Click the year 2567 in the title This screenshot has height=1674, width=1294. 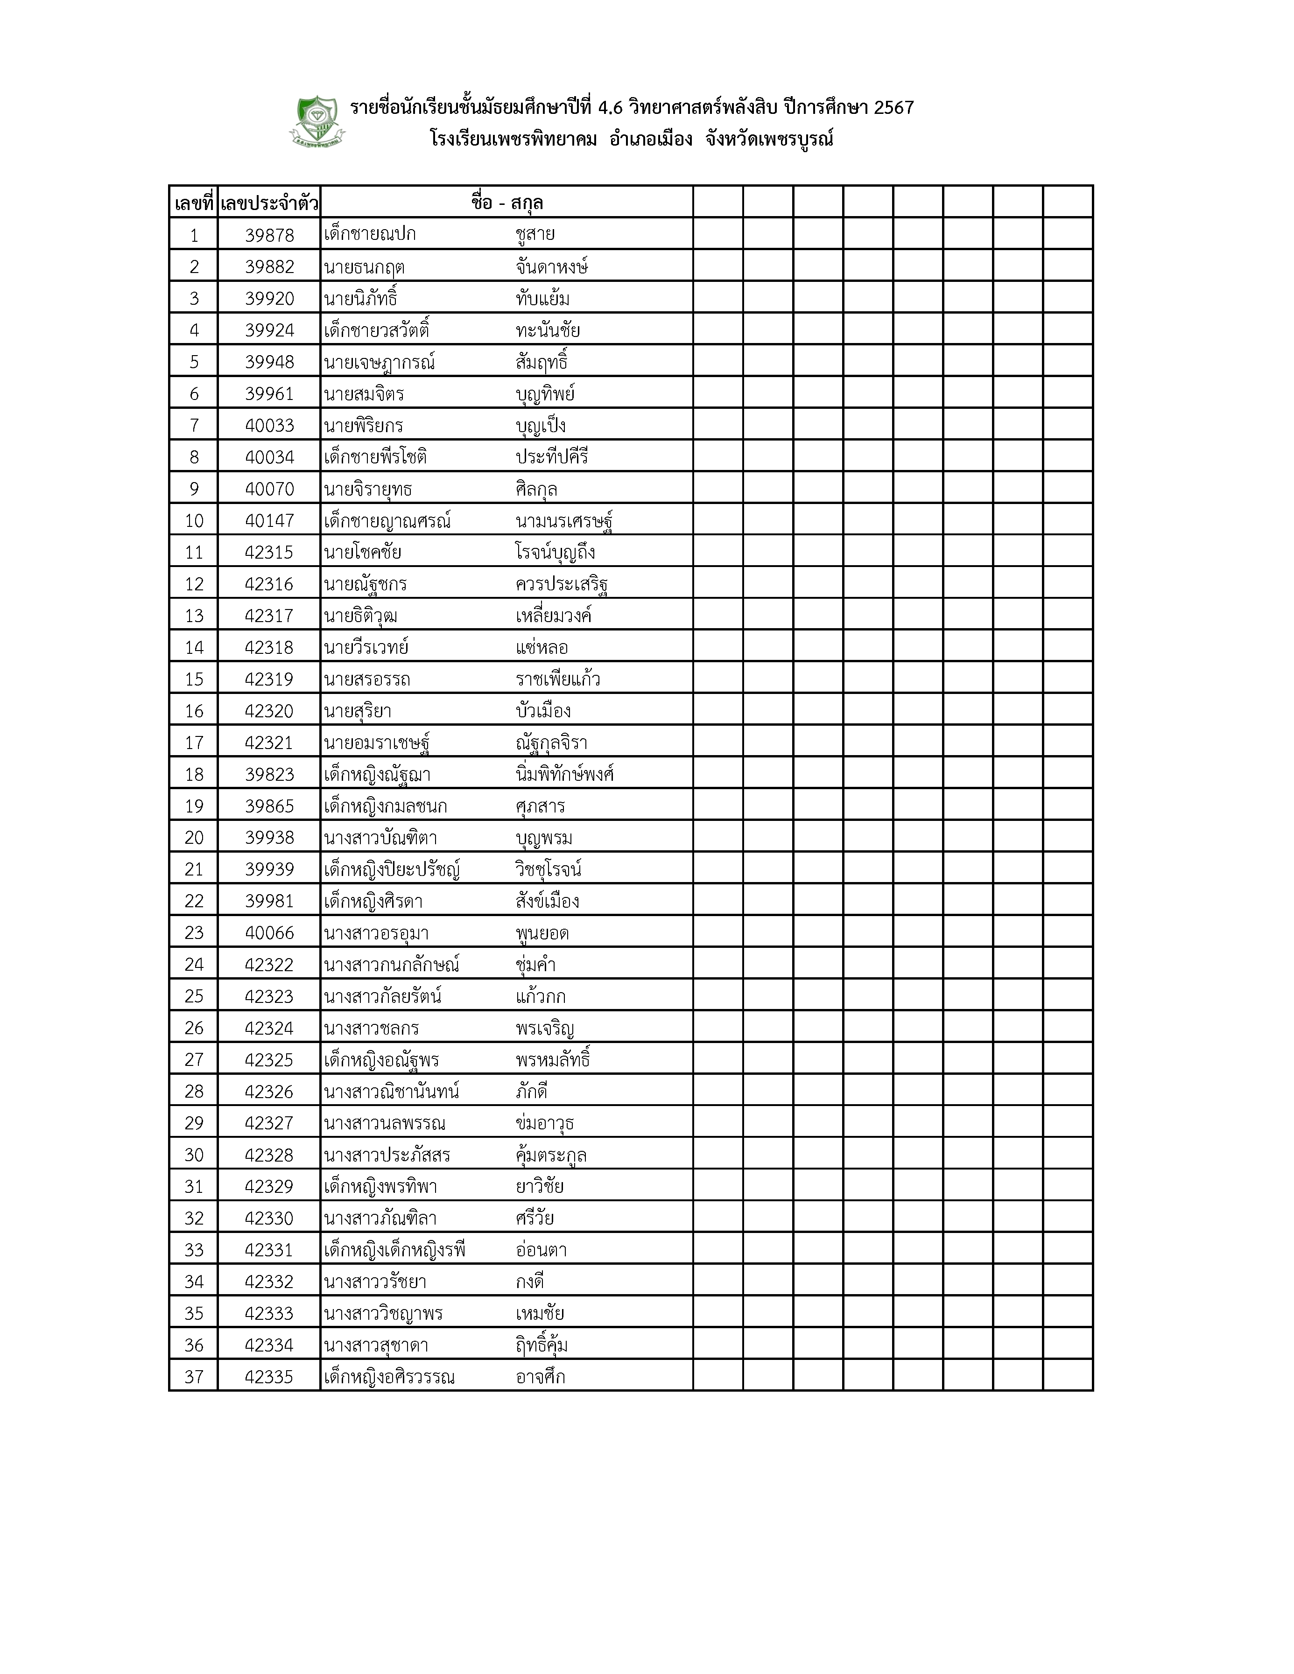point(893,107)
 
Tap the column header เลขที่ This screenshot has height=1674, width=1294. point(193,203)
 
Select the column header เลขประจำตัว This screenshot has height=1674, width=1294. point(269,203)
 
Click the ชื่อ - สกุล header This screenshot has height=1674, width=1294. point(506,203)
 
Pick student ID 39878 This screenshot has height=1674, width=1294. point(269,235)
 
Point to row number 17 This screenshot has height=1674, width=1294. point(194,742)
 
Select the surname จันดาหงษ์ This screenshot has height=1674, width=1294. point(552,267)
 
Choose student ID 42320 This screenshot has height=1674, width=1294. point(269,711)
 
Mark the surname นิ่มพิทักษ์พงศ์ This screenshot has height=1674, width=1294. point(565,775)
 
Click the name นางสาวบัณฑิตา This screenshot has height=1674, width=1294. point(380,838)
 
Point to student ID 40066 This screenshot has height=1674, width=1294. point(269,933)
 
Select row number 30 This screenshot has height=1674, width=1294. point(194,1155)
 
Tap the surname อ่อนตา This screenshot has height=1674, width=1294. point(541,1250)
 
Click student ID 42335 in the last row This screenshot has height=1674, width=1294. point(269,1377)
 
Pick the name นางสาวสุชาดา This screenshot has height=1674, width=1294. point(376,1345)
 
